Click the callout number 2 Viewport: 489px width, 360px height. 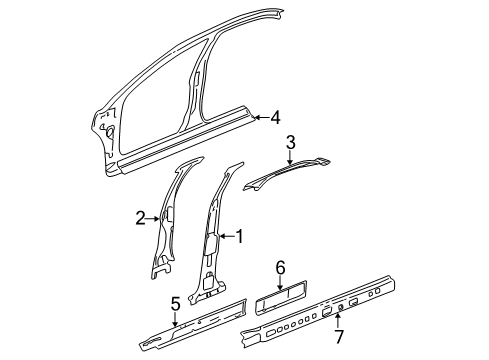[142, 214]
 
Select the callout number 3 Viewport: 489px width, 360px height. [289, 142]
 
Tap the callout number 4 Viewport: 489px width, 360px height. [275, 118]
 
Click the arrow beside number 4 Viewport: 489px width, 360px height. [260, 118]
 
